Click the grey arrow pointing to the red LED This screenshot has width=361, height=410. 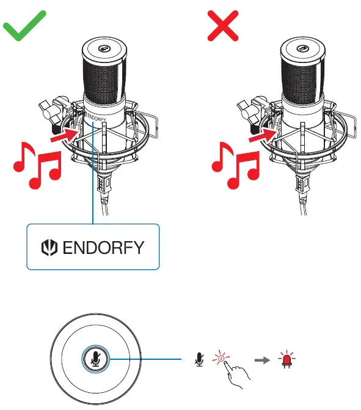tap(262, 360)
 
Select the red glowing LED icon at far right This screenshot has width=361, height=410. tap(285, 360)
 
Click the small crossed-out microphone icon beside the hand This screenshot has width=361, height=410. tap(198, 360)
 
